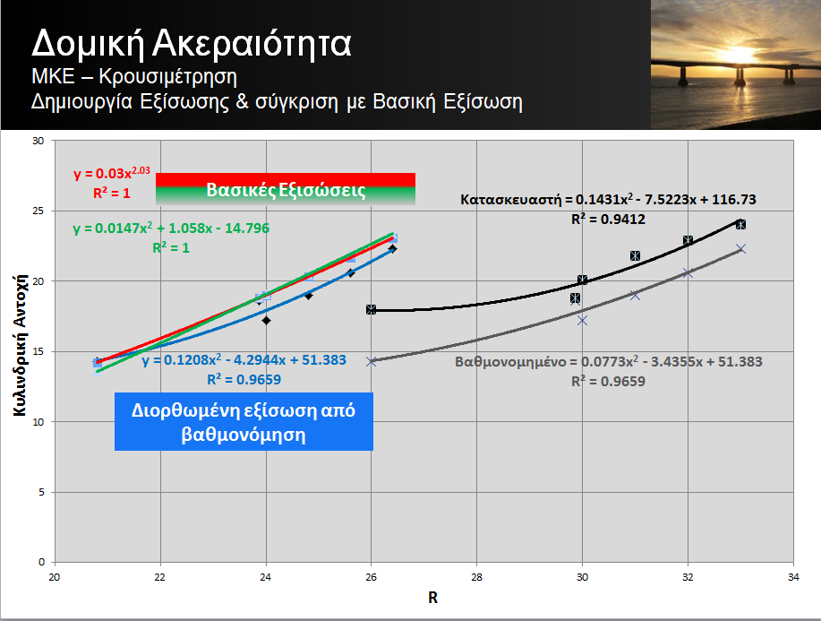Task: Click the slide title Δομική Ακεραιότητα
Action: click(x=191, y=44)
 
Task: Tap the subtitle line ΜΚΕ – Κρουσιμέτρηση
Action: click(x=134, y=77)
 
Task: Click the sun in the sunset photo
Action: click(x=739, y=55)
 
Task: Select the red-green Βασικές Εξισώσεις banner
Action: click(x=286, y=189)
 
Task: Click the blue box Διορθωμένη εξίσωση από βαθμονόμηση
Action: click(x=244, y=421)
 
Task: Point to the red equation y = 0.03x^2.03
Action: click(x=112, y=172)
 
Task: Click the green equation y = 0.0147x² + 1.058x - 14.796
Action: click(x=171, y=228)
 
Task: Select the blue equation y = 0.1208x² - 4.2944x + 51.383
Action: click(x=244, y=360)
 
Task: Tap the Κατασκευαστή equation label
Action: click(x=609, y=199)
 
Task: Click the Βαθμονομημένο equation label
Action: click(x=609, y=362)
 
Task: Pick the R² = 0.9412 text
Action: click(x=609, y=219)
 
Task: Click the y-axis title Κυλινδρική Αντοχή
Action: click(x=20, y=345)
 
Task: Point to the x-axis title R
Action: click(x=432, y=598)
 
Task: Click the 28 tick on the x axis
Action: click(x=476, y=577)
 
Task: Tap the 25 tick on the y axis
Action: click(x=38, y=211)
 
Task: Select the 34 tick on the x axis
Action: click(x=793, y=577)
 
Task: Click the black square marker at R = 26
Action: click(x=371, y=310)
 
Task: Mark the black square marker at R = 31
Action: click(x=635, y=255)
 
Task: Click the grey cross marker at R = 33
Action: click(x=740, y=248)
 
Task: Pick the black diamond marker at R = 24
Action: click(x=266, y=320)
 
